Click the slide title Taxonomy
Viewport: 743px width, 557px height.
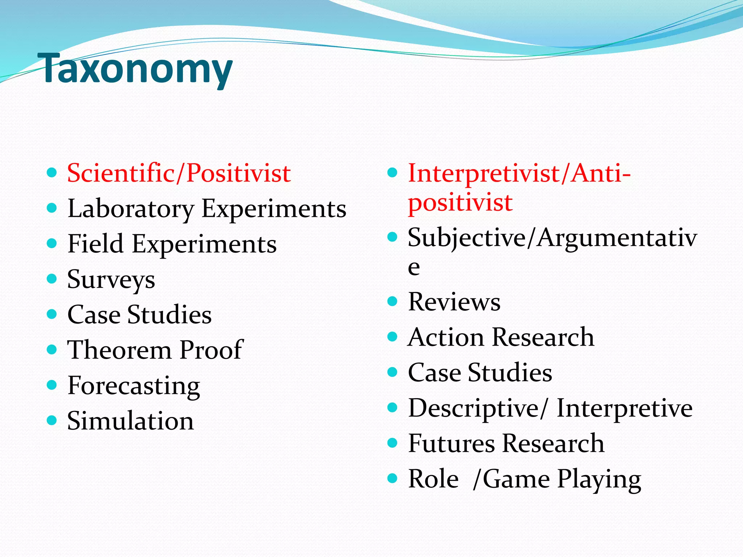point(137,69)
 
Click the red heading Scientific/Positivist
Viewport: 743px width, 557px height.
point(178,173)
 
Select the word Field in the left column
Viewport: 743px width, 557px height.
point(95,244)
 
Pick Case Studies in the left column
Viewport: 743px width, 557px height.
point(139,315)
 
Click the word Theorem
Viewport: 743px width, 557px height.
point(119,350)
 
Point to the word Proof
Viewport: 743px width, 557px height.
point(212,350)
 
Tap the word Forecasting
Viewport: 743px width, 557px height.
point(134,386)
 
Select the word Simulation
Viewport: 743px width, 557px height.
point(130,421)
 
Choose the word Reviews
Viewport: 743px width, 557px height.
point(454,302)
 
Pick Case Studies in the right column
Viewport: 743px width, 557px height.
point(480,373)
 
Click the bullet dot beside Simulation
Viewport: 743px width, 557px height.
point(52,420)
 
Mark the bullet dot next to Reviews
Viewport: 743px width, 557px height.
point(393,301)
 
